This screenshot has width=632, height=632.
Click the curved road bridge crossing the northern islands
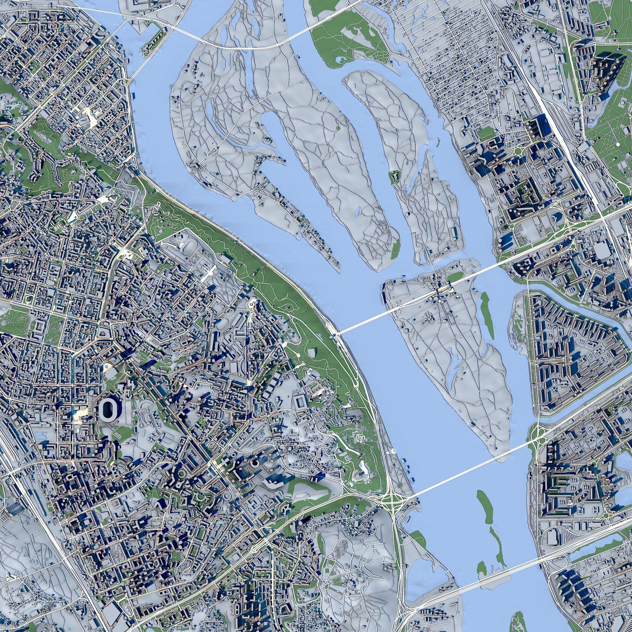click(x=249, y=47)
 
